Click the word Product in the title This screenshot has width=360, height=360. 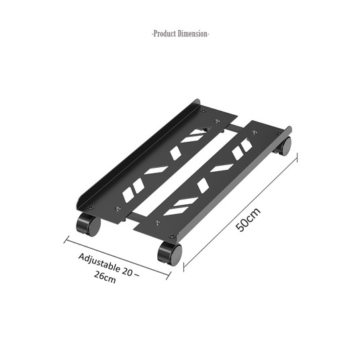coord(165,34)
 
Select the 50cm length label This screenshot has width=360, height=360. coord(249,220)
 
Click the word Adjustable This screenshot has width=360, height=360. coord(99,263)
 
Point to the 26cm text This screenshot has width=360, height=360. coord(105,277)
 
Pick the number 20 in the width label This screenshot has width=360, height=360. coord(127,271)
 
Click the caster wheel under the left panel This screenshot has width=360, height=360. coord(88,224)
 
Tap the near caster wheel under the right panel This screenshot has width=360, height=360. coord(170,253)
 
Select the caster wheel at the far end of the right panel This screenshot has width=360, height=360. coord(283,146)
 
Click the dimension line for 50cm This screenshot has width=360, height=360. coord(240,212)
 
